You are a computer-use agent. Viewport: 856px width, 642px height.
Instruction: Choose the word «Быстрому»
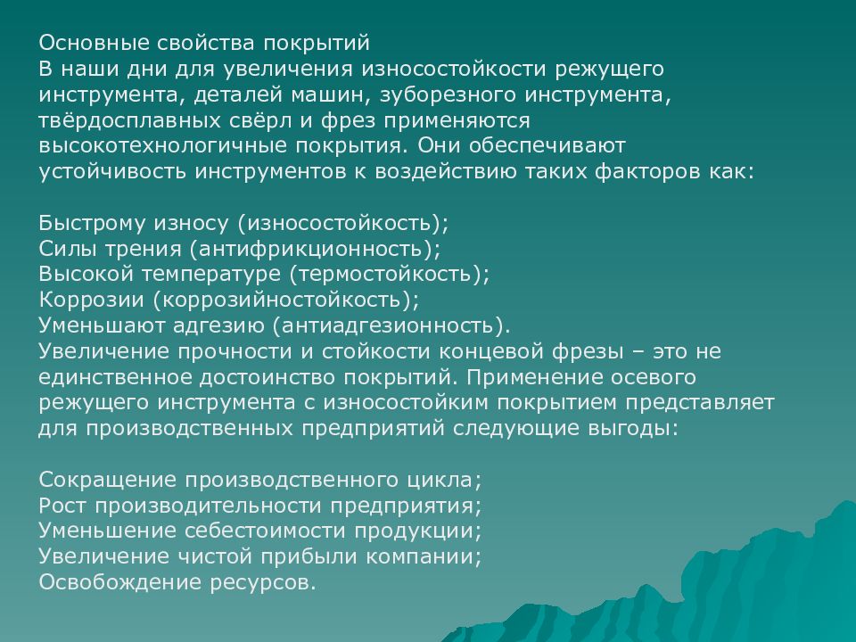coord(92,223)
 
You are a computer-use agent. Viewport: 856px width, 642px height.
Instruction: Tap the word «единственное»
coord(115,376)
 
